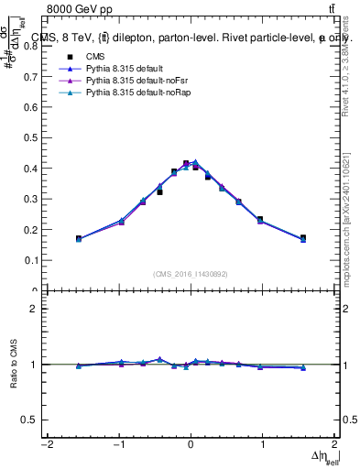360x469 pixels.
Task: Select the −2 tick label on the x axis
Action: [46, 445]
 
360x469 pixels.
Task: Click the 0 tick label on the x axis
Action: [191, 445]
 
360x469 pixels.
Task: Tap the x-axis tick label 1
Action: [263, 445]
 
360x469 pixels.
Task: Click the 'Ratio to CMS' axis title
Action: [13, 365]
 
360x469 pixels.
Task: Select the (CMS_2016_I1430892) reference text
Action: [191, 274]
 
